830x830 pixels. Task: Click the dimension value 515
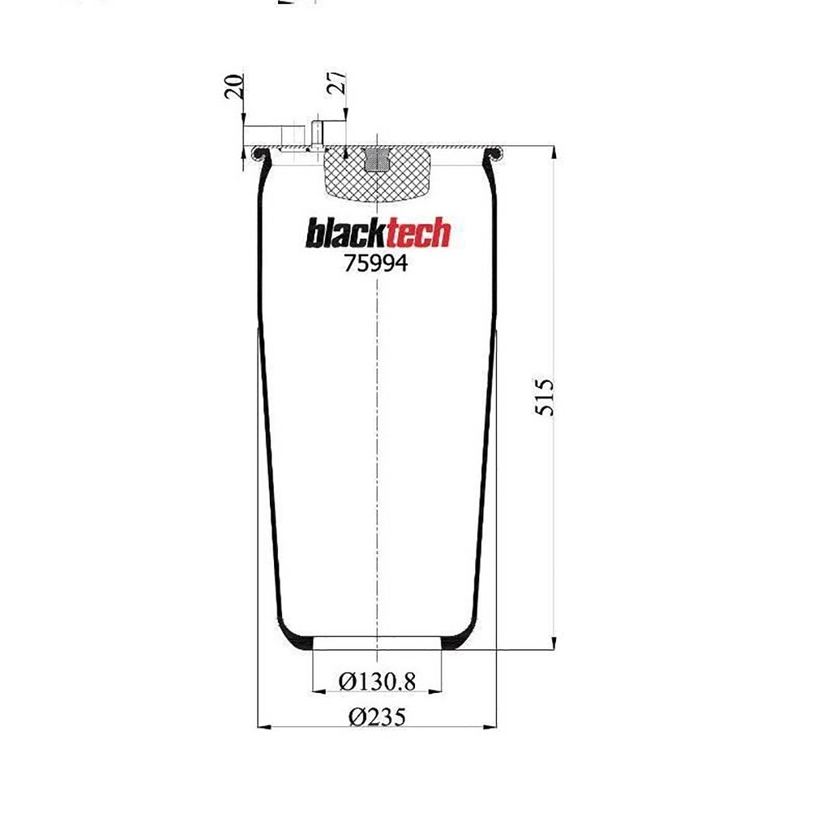[544, 397]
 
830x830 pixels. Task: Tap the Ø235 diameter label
[377, 717]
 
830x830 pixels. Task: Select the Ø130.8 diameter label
[377, 681]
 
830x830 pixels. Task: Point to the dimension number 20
[234, 86]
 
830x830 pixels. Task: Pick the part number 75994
[376, 263]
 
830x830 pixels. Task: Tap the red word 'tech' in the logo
[419, 234]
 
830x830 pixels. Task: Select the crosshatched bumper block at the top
[377, 175]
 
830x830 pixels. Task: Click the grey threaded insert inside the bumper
[376, 160]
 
